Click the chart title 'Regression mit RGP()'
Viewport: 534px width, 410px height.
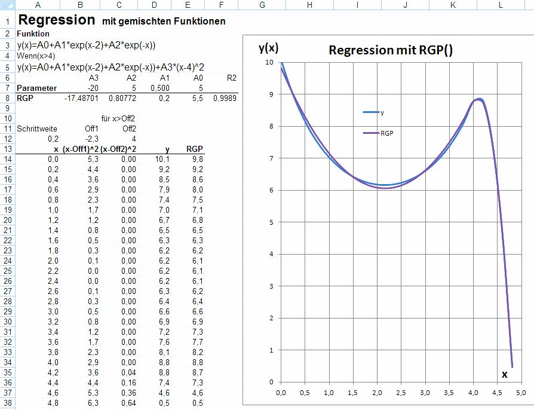pos(391,50)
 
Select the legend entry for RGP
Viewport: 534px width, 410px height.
pos(386,134)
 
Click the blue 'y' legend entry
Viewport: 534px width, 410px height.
pos(382,112)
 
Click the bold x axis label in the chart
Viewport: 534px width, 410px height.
pos(504,374)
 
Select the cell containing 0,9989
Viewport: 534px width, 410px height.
pos(225,97)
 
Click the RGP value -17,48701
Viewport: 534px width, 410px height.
pos(81,97)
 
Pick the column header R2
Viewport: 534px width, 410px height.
pos(232,78)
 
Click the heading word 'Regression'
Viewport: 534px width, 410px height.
pos(57,20)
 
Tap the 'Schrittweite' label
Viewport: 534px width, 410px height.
pos(35,128)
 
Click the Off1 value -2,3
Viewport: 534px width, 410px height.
pos(90,139)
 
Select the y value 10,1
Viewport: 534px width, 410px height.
pos(162,159)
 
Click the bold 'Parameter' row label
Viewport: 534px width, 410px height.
pos(36,88)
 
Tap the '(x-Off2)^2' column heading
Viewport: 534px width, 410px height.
pos(118,149)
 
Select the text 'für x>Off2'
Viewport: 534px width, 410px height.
pos(119,118)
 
